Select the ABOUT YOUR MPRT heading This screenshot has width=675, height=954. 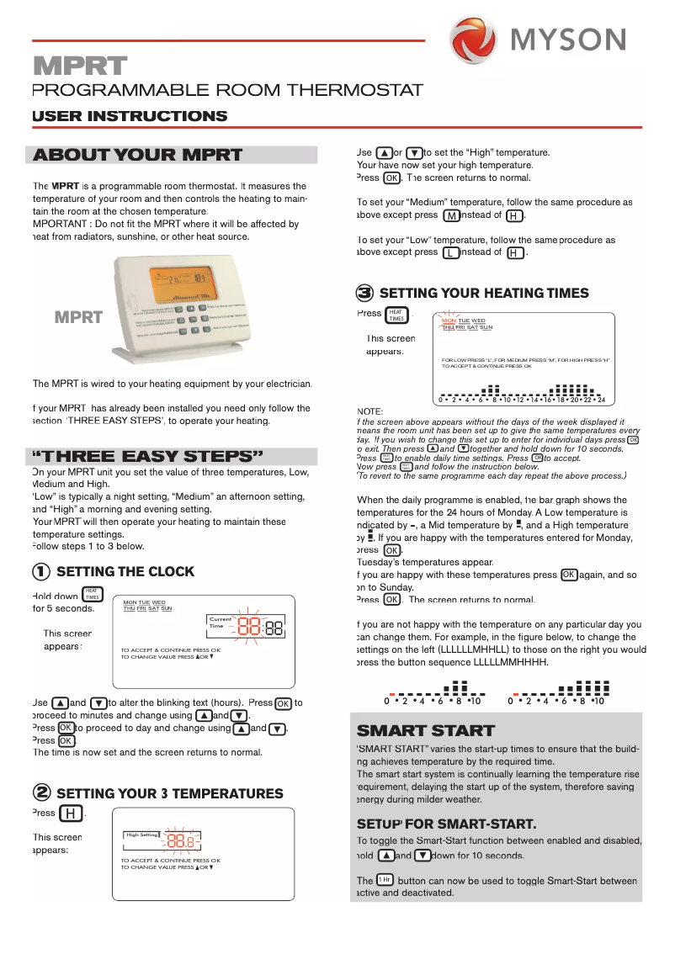137,155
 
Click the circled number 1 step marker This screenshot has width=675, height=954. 40,572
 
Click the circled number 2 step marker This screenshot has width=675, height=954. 40,793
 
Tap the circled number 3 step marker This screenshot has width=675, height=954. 364,294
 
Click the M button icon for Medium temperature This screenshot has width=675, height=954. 452,216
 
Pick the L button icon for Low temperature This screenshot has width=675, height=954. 452,252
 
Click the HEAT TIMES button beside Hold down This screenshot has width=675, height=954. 92,594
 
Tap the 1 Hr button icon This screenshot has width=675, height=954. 385,879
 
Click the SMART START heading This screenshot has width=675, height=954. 426,730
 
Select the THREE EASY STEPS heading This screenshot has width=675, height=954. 147,457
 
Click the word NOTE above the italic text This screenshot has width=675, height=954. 370,411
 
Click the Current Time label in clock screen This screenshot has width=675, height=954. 221,623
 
